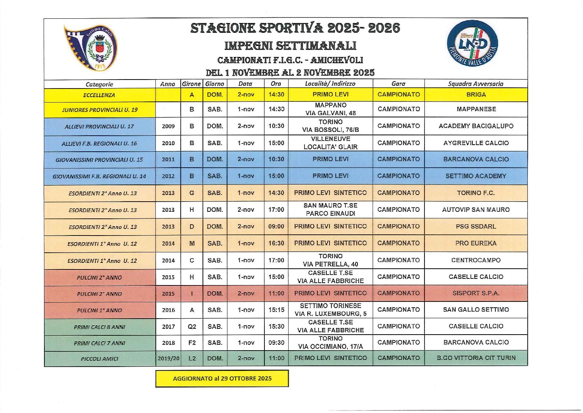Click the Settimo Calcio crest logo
coord(91,48)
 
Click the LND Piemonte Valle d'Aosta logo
coord(472,43)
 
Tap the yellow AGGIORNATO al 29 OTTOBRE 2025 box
coord(222,378)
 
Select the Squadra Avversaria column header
coord(476,84)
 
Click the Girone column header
coord(191,84)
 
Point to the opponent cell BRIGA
coord(476,95)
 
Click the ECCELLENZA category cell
coord(99,95)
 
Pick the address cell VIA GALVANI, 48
coord(330,113)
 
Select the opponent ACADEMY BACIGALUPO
coord(476,126)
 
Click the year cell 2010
coord(168,143)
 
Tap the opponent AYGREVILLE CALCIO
coord(476,143)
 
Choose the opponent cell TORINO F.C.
coord(476,193)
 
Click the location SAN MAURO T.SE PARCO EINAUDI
coord(330,209)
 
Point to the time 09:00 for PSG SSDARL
coord(276,227)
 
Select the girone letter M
coord(192,243)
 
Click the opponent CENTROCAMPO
coord(476,260)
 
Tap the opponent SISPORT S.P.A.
coord(476,293)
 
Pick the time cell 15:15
coord(276,310)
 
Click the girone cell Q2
coord(192,327)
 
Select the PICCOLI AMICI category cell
coord(99,359)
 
